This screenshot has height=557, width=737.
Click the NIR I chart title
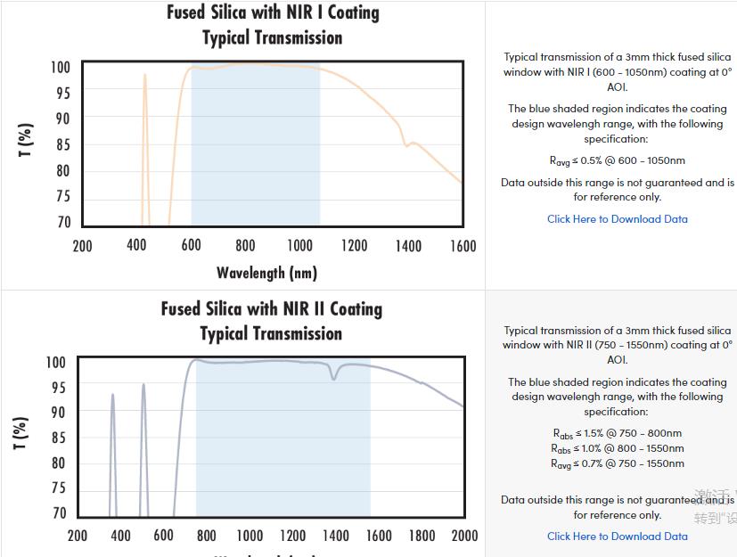273,25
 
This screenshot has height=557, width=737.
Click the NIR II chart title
272,321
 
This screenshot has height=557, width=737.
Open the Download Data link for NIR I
617,218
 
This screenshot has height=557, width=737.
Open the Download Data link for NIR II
617,536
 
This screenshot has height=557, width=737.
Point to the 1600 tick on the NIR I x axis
462,246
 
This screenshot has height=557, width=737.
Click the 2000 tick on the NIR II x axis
464,535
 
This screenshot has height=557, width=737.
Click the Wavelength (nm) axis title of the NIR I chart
266,273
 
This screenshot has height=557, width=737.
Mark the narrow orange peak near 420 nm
144,76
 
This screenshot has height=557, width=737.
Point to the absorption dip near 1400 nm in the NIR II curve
334,379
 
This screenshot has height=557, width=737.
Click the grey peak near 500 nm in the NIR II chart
143,386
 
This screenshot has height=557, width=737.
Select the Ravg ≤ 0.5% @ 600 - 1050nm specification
617,160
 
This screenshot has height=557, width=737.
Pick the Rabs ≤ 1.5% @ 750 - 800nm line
617,434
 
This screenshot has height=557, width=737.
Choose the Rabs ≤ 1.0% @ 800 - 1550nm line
617,448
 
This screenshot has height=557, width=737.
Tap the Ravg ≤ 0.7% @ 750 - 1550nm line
617,463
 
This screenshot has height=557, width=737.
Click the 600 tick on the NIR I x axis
191,246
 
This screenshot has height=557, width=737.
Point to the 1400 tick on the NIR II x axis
335,535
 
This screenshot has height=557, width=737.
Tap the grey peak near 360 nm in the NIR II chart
112,396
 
